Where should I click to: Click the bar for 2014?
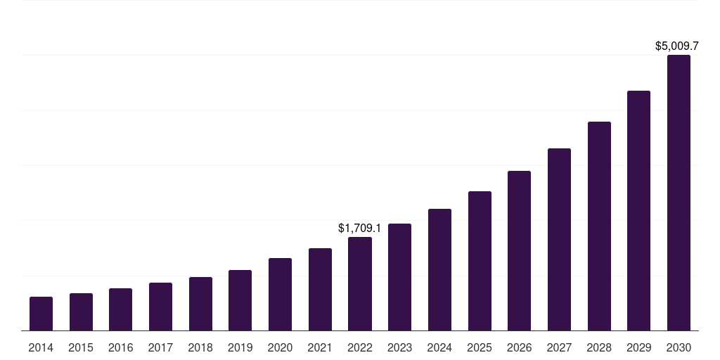[x=41, y=314]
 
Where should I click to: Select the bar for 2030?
[x=679, y=193]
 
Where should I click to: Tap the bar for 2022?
[x=360, y=284]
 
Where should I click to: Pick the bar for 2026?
[x=519, y=251]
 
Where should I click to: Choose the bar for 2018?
[x=200, y=304]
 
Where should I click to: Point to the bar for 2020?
[x=280, y=295]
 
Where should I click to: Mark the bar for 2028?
[x=599, y=226]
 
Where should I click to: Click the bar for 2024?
[x=439, y=270]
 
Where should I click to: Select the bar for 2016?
[x=120, y=309]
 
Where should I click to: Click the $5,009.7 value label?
[x=676, y=46]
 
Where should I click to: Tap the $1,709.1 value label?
[x=359, y=229]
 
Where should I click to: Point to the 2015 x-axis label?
[x=81, y=348]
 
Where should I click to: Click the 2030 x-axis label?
[x=679, y=348]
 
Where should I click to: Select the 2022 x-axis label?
[x=360, y=348]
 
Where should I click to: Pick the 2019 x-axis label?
[x=240, y=348]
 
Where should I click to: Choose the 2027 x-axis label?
[x=559, y=348]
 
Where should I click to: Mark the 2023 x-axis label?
[x=399, y=348]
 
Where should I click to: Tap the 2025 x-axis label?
[x=480, y=348]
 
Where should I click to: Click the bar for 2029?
[x=638, y=211]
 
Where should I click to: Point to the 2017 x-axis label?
[x=160, y=348]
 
